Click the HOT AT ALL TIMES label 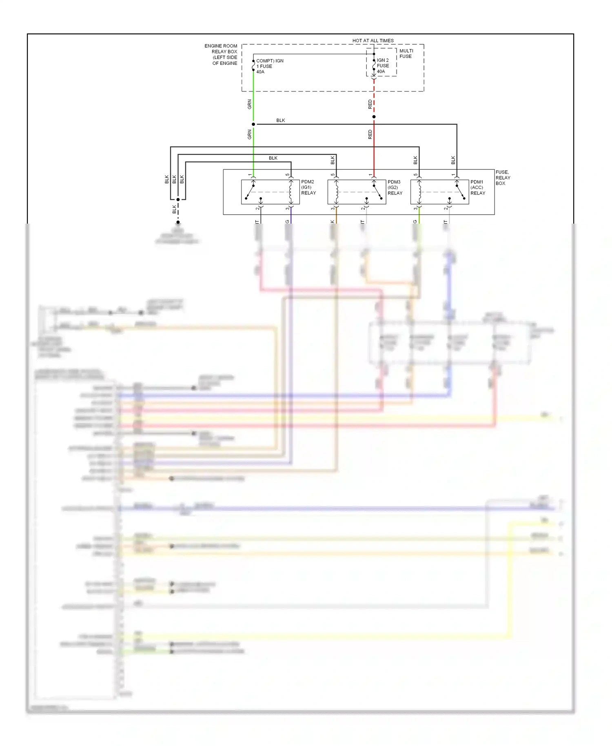pyautogui.click(x=373, y=40)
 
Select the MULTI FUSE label pyautogui.click(x=406, y=53)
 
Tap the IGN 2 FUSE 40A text pyautogui.click(x=383, y=66)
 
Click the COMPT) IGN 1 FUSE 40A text pyautogui.click(x=269, y=66)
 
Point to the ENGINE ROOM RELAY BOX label pyautogui.click(x=221, y=54)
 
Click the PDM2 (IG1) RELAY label pyautogui.click(x=308, y=187)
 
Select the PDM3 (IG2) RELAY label pyautogui.click(x=395, y=187)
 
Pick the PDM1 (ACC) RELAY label pyautogui.click(x=478, y=187)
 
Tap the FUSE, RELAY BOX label pyautogui.click(x=503, y=178)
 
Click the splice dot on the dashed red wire pyautogui.click(x=374, y=117)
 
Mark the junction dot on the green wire pyautogui.click(x=253, y=124)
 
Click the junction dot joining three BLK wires pyautogui.click(x=178, y=200)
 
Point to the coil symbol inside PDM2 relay pyautogui.click(x=290, y=192)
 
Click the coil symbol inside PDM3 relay pyautogui.click(x=337, y=192)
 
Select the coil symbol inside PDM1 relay pyautogui.click(x=419, y=192)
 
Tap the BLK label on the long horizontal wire pyautogui.click(x=281, y=120)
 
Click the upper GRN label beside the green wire pyautogui.click(x=250, y=104)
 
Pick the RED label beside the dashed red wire pyautogui.click(x=370, y=104)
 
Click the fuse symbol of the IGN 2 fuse pyautogui.click(x=374, y=65)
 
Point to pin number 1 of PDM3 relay pyautogui.click(x=370, y=175)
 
